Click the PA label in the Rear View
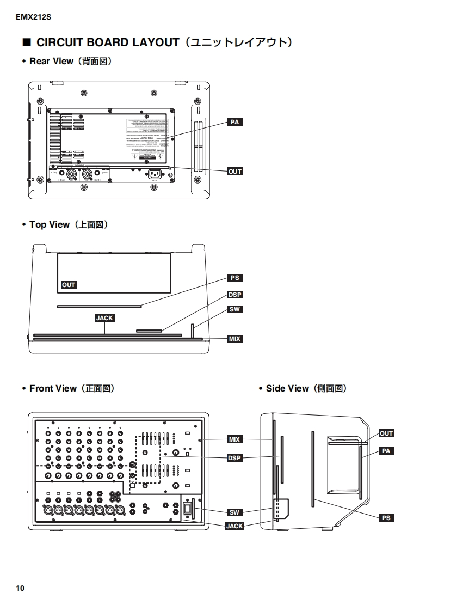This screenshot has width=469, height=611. pos(235,123)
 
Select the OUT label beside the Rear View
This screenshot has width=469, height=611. pos(235,171)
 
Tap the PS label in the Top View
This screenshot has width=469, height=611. pos(235,278)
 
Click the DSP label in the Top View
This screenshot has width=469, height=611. pos(235,295)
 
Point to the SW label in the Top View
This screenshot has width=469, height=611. pos(235,309)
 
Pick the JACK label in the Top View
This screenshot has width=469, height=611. pos(104,317)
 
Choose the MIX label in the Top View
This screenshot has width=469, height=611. pos(235,339)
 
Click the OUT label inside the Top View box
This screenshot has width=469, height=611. pos(69,285)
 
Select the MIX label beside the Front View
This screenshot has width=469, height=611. pos(234,439)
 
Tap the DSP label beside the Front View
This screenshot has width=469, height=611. pos(234,458)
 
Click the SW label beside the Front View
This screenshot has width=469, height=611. pos(234,512)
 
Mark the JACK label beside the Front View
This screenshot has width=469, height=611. pos(234,526)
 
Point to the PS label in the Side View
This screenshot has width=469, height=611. pos(386,518)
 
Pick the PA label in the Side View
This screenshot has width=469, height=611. pos(386,451)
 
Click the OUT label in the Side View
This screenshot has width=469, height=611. pos(386,433)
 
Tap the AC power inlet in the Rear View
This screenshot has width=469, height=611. pos(155,174)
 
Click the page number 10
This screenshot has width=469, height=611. pos(20,588)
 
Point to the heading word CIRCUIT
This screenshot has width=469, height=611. pos(59,42)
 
